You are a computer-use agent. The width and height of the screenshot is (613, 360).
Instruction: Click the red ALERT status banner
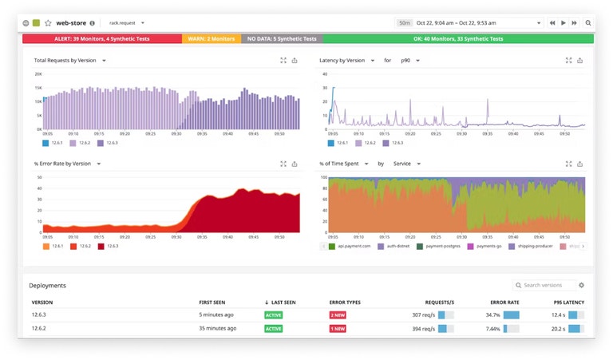coord(102,38)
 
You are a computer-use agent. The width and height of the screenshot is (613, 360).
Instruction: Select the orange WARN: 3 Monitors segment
coord(212,38)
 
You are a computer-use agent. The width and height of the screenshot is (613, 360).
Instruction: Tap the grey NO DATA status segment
coord(282,38)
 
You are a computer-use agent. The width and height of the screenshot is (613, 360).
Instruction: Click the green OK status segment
coord(458,38)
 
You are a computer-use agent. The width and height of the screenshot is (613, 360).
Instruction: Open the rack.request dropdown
coord(127,23)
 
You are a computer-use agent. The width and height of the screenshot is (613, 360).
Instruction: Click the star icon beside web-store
coord(48,23)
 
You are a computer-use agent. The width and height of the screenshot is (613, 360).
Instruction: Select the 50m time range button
coord(405,23)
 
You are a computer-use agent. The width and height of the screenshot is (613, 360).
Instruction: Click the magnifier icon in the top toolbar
coord(588,23)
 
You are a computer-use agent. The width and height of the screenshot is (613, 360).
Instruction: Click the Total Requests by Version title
coord(66,61)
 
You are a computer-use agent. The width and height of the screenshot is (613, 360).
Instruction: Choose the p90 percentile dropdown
coord(412,61)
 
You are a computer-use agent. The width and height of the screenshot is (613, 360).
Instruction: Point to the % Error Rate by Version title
coord(63,164)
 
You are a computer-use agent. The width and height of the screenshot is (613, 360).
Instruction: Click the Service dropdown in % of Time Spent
coord(407,164)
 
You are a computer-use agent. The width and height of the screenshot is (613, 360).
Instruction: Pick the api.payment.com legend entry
coord(351,247)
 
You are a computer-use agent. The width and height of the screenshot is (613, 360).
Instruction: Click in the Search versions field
coord(548,285)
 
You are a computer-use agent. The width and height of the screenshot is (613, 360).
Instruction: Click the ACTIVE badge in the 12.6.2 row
coord(274,328)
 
